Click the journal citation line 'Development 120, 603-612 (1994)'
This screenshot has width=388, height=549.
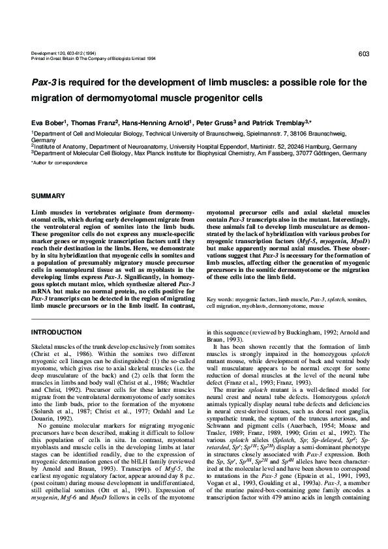[62, 52]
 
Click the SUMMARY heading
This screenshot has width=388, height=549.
[48, 196]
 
